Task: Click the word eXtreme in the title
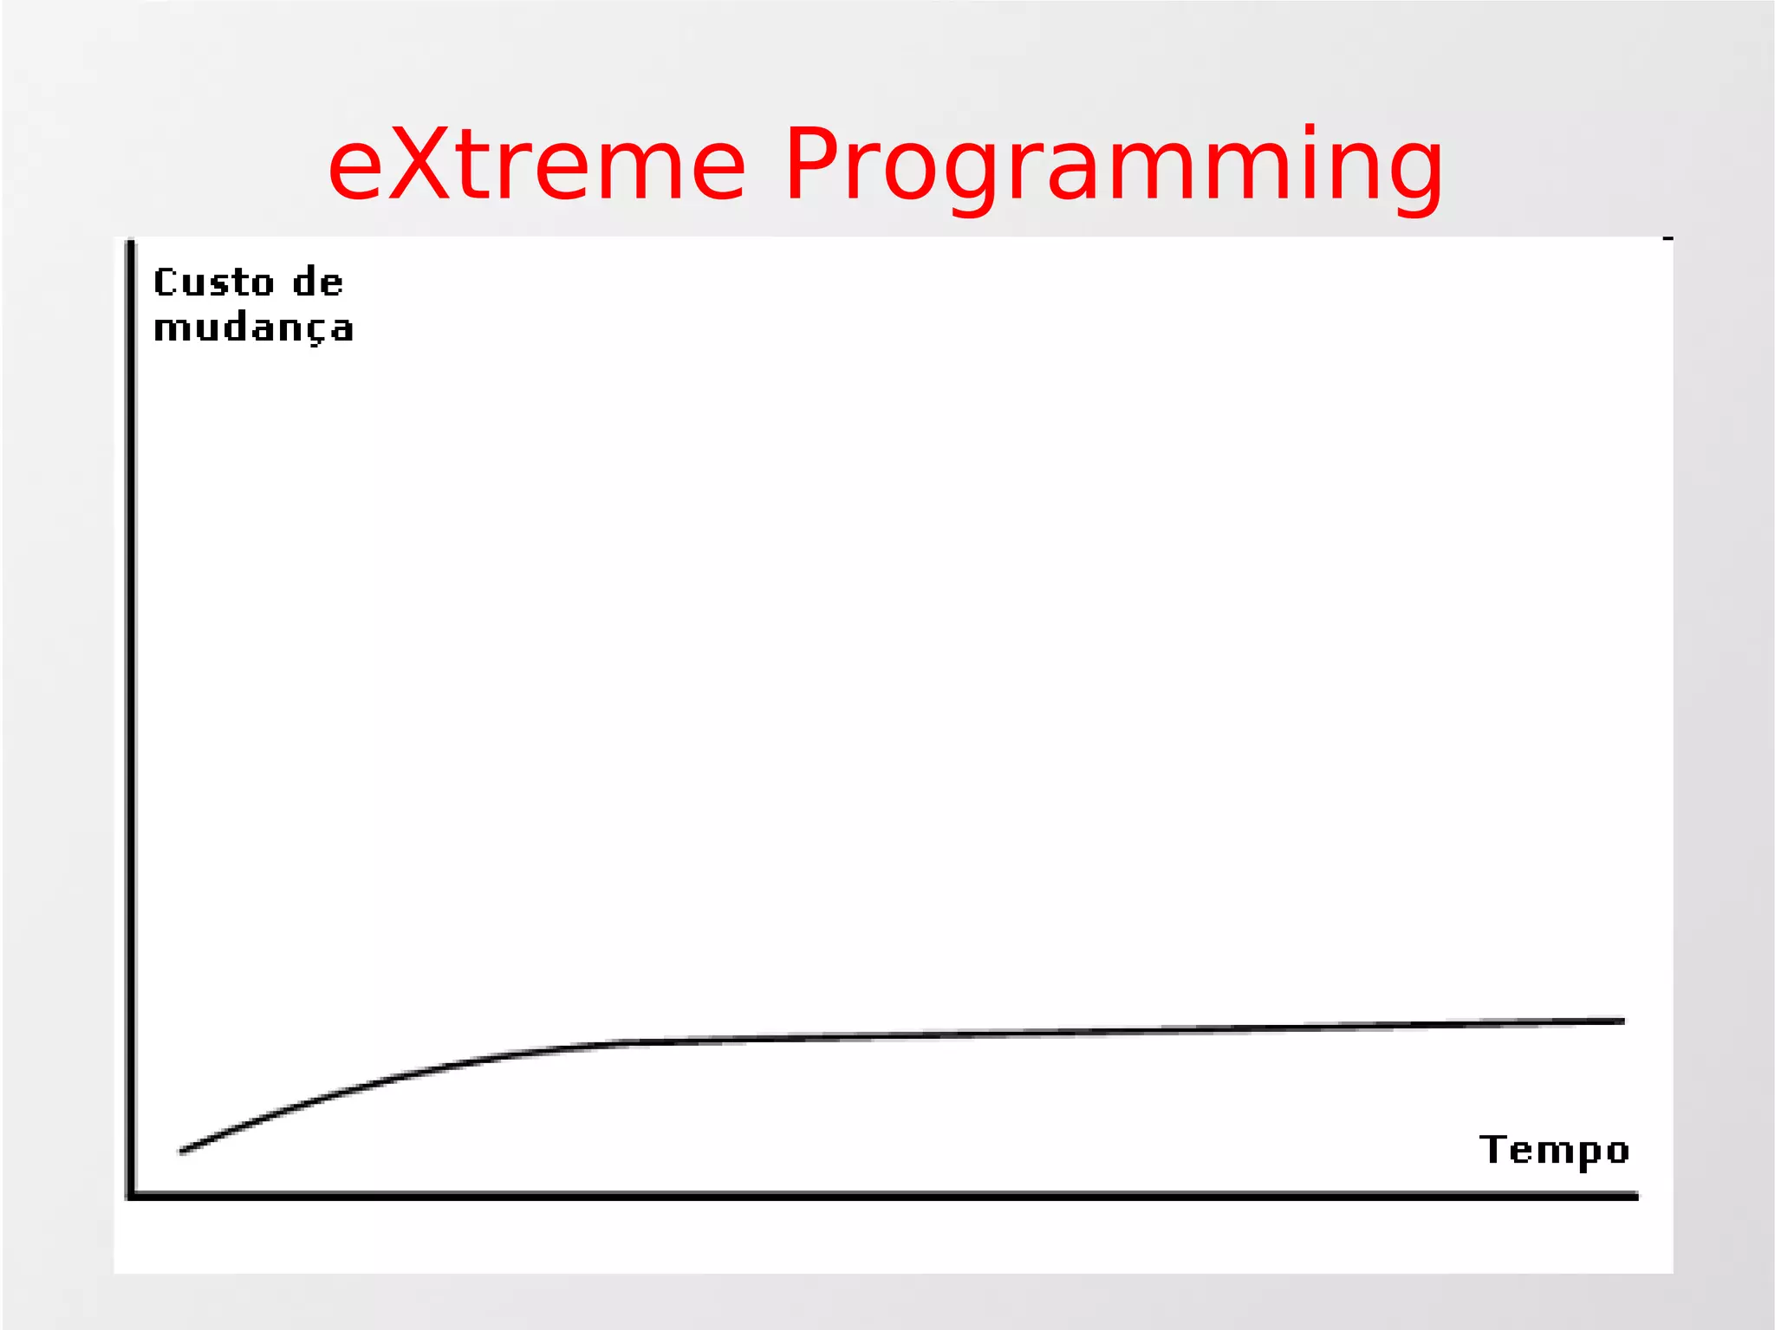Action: point(536,165)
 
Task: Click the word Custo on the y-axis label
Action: point(213,283)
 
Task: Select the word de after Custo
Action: point(317,283)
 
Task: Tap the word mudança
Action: point(253,329)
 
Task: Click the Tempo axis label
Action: point(1554,1151)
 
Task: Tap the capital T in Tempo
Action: point(1492,1149)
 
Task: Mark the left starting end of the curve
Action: point(182,1152)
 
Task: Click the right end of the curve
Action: point(1622,1022)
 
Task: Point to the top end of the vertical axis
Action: point(131,243)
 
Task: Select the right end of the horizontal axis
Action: point(1636,1197)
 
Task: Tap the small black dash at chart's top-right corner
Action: point(1668,238)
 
